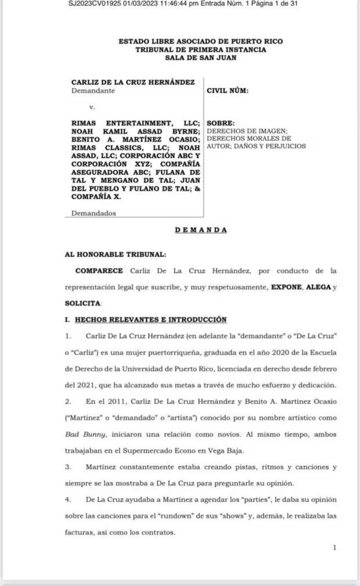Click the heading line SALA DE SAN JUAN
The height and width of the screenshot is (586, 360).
(x=200, y=57)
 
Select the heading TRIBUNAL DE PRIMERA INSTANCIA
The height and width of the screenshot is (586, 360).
(x=200, y=50)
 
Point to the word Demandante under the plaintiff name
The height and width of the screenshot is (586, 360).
(x=93, y=91)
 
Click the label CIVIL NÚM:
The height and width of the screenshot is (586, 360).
(x=228, y=91)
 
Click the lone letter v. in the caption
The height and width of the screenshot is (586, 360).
(x=92, y=107)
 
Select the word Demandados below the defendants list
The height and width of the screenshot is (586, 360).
(x=93, y=213)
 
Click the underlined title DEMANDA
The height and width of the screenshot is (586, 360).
(x=201, y=230)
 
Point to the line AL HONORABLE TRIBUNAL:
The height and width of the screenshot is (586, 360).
(x=115, y=254)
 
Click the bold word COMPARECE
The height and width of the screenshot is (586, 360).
(x=99, y=270)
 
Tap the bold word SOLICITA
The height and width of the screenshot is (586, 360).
(x=82, y=303)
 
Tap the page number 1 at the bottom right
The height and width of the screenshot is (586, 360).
(x=335, y=547)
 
